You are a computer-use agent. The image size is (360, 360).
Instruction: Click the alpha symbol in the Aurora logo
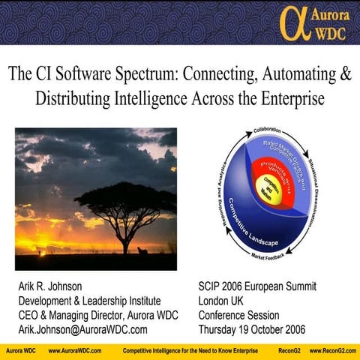pos(292,22)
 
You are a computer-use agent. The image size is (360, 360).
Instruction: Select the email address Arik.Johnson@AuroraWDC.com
pos(82,329)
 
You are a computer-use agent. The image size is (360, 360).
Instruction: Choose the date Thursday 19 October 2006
pos(252,329)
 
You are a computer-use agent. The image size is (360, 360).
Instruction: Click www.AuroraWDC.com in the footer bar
pos(75,351)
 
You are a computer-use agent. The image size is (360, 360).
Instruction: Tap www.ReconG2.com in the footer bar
pos(332,351)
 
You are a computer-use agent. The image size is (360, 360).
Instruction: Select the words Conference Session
pos(238,315)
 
